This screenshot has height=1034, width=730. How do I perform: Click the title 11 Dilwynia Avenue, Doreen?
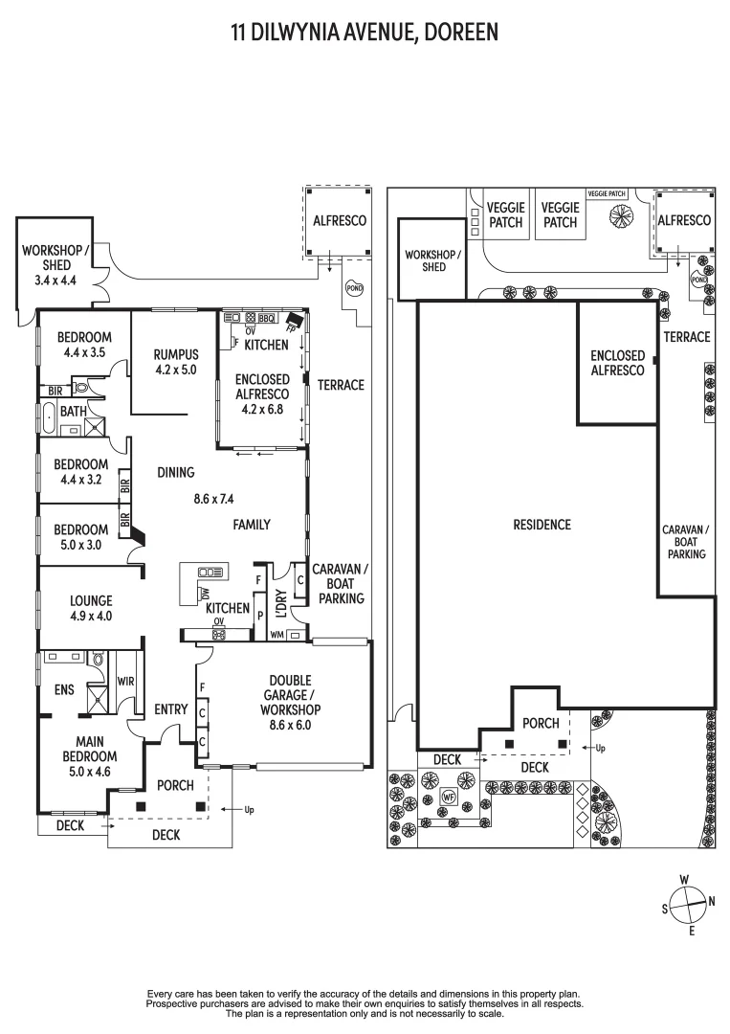365,33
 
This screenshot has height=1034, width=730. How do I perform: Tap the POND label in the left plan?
354,288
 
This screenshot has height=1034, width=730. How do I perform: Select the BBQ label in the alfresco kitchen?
266,319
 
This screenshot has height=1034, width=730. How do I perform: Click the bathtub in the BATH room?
50,417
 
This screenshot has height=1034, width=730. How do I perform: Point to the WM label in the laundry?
277,635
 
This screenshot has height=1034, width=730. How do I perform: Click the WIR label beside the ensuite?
126,681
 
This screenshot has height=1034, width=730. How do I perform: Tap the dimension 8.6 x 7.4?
213,499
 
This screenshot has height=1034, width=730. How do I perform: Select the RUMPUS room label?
176,355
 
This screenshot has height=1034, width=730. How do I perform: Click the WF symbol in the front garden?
449,797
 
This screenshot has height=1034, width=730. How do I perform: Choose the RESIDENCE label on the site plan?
542,525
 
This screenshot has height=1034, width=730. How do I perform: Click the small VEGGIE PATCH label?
607,193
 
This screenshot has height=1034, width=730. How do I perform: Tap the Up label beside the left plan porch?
249,810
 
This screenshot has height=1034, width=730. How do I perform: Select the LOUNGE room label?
91,600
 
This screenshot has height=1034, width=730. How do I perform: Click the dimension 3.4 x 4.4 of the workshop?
56,281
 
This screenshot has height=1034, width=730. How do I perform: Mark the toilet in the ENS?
98,659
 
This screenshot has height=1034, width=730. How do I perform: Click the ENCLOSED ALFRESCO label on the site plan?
617,363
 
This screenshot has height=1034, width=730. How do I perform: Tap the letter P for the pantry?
260,616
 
